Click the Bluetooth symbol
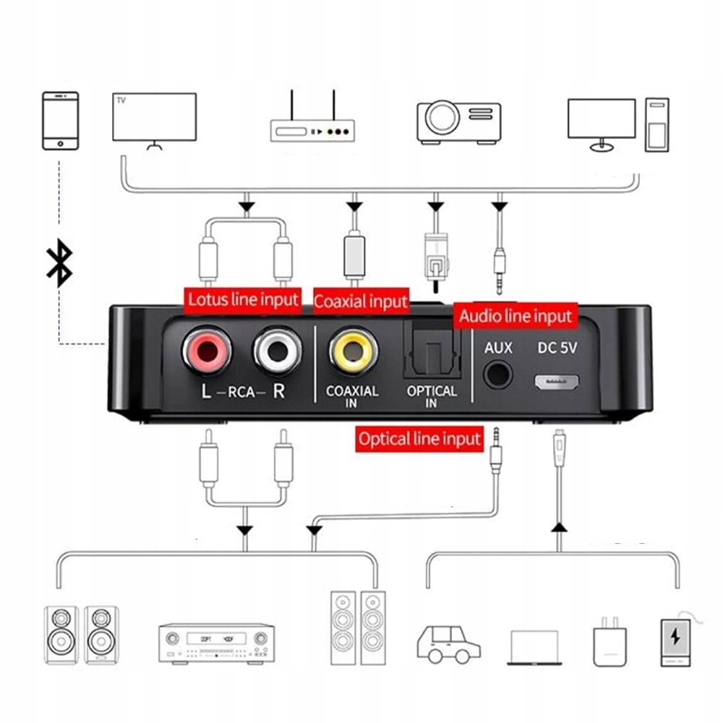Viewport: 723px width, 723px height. pos(59,262)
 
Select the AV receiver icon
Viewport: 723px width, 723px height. pos(216,643)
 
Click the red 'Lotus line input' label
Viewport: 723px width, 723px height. pos(243,299)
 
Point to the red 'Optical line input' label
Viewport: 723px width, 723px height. pos(419,438)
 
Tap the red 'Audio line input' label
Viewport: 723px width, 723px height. pos(515,316)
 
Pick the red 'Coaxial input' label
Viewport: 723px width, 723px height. pos(361,300)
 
